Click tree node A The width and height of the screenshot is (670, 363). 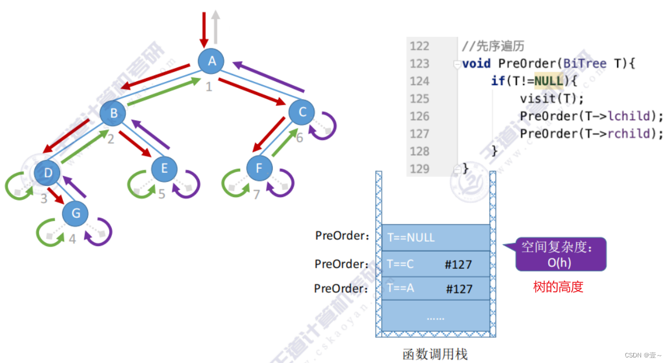(211, 61)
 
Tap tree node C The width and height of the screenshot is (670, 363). (302, 112)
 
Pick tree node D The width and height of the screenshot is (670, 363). (48, 173)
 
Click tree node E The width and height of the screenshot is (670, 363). (164, 168)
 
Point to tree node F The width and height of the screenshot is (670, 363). (258, 168)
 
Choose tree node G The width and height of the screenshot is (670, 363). (76, 214)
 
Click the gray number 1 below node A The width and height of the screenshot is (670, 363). (209, 87)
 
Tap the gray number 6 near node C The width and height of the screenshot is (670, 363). (299, 137)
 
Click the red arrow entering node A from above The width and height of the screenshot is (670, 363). (204, 28)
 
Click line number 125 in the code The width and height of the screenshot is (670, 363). (420, 99)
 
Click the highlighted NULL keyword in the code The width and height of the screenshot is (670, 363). (549, 81)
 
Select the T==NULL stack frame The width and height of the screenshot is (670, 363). (435, 238)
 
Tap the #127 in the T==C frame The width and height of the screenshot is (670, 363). (458, 264)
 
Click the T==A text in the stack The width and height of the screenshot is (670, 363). (400, 288)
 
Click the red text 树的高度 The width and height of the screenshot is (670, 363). (558, 287)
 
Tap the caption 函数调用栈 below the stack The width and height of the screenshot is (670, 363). (435, 354)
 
